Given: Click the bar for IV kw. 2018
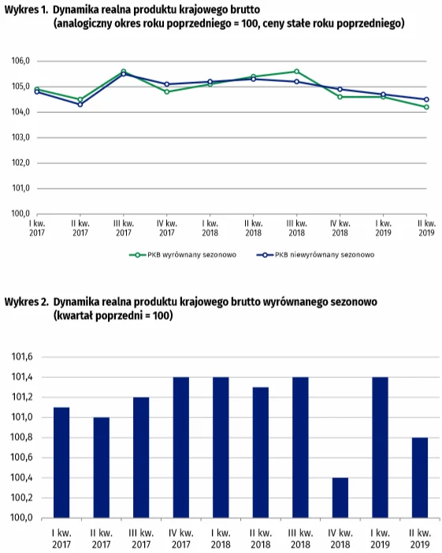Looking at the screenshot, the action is (x=340, y=498).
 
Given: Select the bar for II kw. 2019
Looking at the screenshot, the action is (x=420, y=477).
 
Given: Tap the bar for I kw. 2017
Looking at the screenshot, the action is (x=61, y=462).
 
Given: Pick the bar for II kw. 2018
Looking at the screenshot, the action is (x=261, y=453).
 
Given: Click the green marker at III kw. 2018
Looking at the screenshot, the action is (x=296, y=72).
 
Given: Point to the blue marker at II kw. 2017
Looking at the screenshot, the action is (x=80, y=105).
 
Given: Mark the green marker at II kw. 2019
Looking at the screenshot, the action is (x=426, y=106).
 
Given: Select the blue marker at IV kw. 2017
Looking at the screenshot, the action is (x=167, y=84).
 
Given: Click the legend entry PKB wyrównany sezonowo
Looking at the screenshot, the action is (x=183, y=255).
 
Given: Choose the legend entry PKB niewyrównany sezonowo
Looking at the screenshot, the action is (x=316, y=255).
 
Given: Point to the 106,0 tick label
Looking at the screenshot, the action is (x=20, y=61).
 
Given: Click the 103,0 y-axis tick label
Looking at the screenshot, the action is (x=20, y=137).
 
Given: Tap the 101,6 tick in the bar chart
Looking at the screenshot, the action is (x=22, y=357).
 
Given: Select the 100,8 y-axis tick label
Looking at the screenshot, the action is (x=22, y=437).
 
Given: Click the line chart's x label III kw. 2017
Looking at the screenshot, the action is (x=124, y=228).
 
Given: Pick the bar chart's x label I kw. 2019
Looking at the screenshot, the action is (x=380, y=539).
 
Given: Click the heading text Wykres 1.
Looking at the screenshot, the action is (x=26, y=9).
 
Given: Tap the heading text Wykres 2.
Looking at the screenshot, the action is (x=27, y=302).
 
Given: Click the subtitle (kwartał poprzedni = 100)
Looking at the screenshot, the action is (x=113, y=316).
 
